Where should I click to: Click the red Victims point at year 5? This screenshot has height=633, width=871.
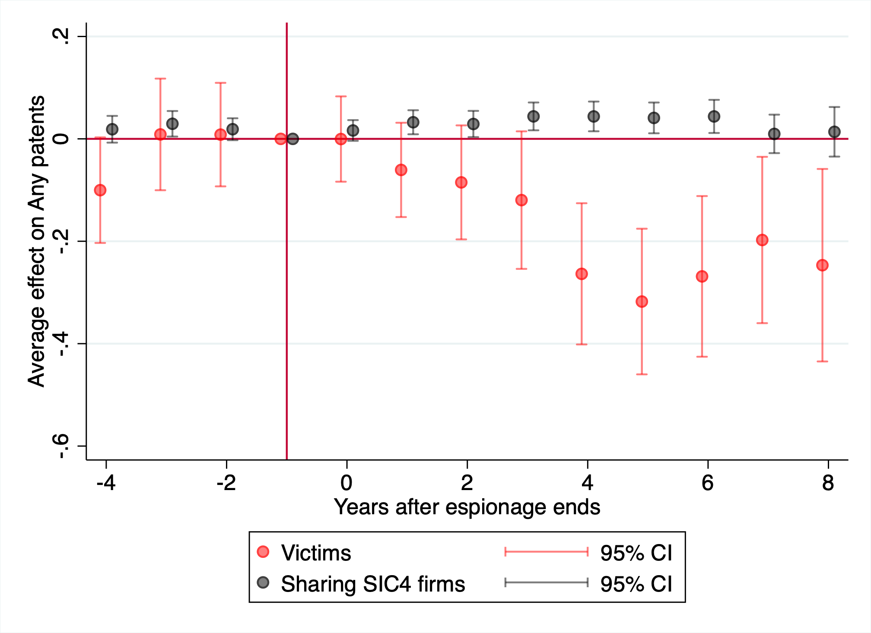[x=642, y=301]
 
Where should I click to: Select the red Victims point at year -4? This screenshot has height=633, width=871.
[x=100, y=190]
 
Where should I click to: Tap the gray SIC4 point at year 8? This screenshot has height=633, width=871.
[x=834, y=132]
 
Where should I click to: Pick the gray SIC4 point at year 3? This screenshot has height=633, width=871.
[x=534, y=116]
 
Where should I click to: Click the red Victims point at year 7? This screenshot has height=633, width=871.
[x=762, y=240]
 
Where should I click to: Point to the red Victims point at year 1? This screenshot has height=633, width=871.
[x=401, y=170]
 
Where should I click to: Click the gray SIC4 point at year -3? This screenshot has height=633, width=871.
[x=172, y=123]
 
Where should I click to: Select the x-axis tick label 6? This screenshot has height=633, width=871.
[x=708, y=482]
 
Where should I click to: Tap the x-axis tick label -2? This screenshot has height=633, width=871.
[x=226, y=482]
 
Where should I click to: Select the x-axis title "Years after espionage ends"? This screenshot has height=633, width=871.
[x=467, y=507]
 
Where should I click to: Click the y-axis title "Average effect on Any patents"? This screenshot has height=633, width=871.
[x=36, y=241]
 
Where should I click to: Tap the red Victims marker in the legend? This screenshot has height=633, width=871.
[x=263, y=551]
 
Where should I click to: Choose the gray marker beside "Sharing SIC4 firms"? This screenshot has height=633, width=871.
[x=263, y=582]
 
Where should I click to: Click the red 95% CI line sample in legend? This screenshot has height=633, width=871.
[x=547, y=551]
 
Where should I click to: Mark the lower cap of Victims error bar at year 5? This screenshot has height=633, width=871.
[x=642, y=374]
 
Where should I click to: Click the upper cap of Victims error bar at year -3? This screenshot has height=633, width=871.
[x=160, y=79]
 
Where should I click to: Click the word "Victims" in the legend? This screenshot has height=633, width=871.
[x=316, y=553]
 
